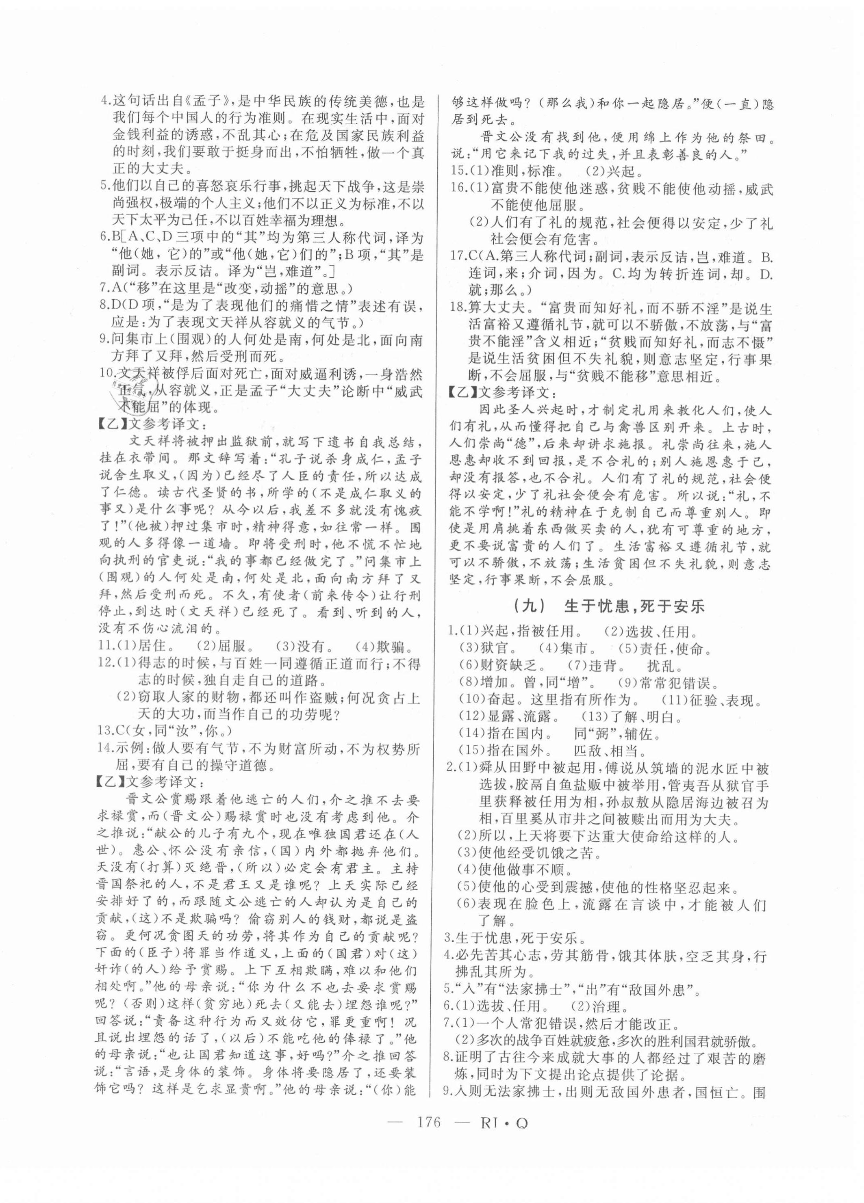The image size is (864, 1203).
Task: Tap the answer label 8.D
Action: coord(110,306)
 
